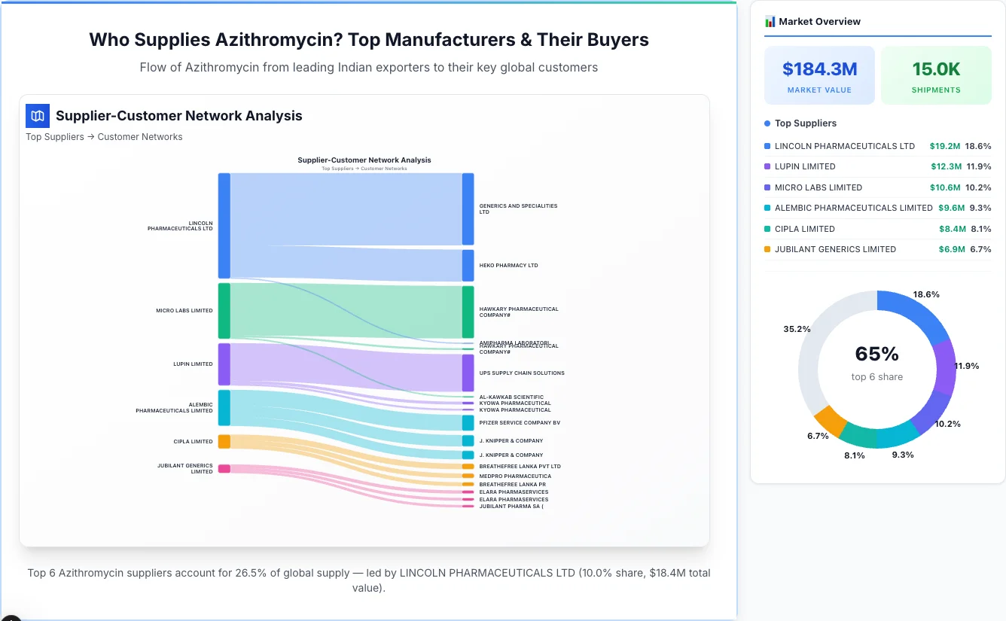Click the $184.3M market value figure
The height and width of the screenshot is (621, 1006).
click(x=819, y=69)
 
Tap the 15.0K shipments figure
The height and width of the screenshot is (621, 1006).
click(x=936, y=69)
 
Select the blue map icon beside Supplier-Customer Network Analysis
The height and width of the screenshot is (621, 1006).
click(x=38, y=116)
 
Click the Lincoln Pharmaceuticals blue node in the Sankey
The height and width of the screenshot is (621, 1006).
click(x=224, y=226)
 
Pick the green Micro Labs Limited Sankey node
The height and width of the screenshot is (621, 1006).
click(x=224, y=311)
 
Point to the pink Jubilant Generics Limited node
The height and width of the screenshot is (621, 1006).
click(x=224, y=468)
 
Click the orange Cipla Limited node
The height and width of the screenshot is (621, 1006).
click(x=224, y=441)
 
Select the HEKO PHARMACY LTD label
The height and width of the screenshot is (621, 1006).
click(x=508, y=266)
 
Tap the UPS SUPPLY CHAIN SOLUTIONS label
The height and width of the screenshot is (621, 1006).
click(x=521, y=373)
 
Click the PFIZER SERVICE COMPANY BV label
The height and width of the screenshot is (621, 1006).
click(x=520, y=423)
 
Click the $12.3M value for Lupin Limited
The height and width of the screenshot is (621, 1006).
click(x=946, y=166)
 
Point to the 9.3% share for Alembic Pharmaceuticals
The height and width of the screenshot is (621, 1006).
click(x=980, y=208)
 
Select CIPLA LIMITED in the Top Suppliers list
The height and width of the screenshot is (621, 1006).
click(x=804, y=229)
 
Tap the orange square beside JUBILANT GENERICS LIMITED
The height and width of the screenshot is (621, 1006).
click(x=767, y=249)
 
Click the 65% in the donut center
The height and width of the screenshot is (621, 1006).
click(x=876, y=354)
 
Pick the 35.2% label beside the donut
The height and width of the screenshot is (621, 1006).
click(x=797, y=329)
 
